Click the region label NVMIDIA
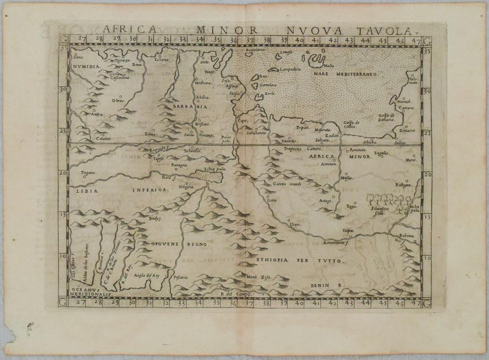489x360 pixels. [84, 66]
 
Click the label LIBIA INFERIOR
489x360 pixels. [118, 190]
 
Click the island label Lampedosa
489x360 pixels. [291, 69]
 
